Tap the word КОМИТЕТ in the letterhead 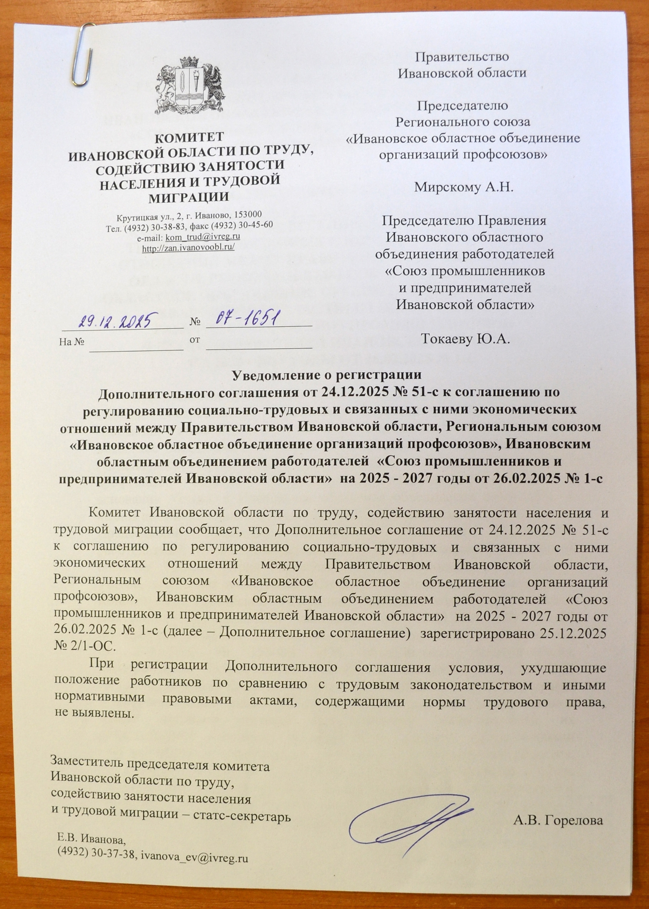[x=189, y=137]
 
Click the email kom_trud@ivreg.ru [x=203, y=236]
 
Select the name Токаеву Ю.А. [x=465, y=340]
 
